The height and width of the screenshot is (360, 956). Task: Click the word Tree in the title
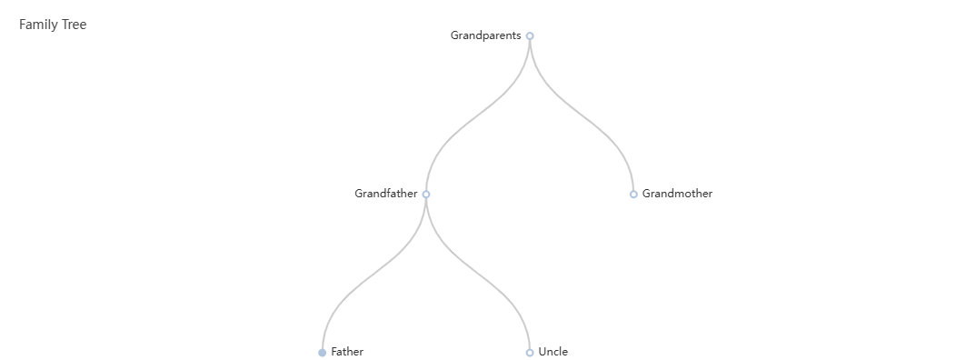[x=75, y=25]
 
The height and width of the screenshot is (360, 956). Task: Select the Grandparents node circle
[x=530, y=36]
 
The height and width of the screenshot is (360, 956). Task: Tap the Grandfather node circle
[x=426, y=194]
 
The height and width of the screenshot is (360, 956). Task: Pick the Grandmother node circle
[x=633, y=194]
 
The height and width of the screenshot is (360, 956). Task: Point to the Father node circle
[x=322, y=353]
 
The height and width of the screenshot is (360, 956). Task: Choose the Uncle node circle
[x=530, y=353]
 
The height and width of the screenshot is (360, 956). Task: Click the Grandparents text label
[x=486, y=35]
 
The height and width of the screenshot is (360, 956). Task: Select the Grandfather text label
[x=386, y=194]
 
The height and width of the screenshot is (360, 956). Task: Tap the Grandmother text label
[x=677, y=194]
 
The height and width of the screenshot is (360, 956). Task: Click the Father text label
[x=347, y=352]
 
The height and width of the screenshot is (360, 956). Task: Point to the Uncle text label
[x=553, y=352]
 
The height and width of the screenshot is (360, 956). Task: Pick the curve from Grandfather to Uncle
[x=478, y=273]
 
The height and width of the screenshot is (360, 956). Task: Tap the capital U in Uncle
[x=542, y=352]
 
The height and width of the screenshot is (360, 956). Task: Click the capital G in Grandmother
[x=646, y=194]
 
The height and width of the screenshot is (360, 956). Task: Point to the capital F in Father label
[x=334, y=352]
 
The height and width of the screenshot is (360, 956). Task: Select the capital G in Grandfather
[x=359, y=194]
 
